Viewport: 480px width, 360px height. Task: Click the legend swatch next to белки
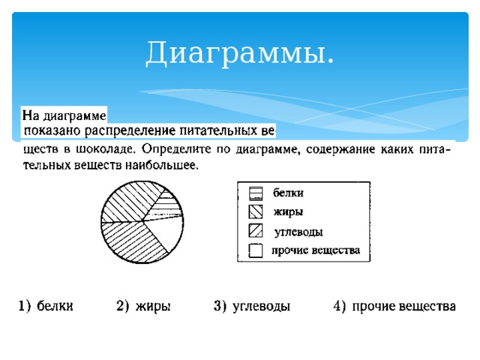(256, 193)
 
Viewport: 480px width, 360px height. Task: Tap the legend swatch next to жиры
(256, 211)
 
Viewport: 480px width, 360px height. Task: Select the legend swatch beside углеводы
(256, 230)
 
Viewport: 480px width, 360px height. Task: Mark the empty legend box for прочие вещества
(256, 250)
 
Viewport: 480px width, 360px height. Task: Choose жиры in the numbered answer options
(154, 306)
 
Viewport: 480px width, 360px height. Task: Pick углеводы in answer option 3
(262, 306)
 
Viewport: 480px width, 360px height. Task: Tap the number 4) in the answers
(339, 306)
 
